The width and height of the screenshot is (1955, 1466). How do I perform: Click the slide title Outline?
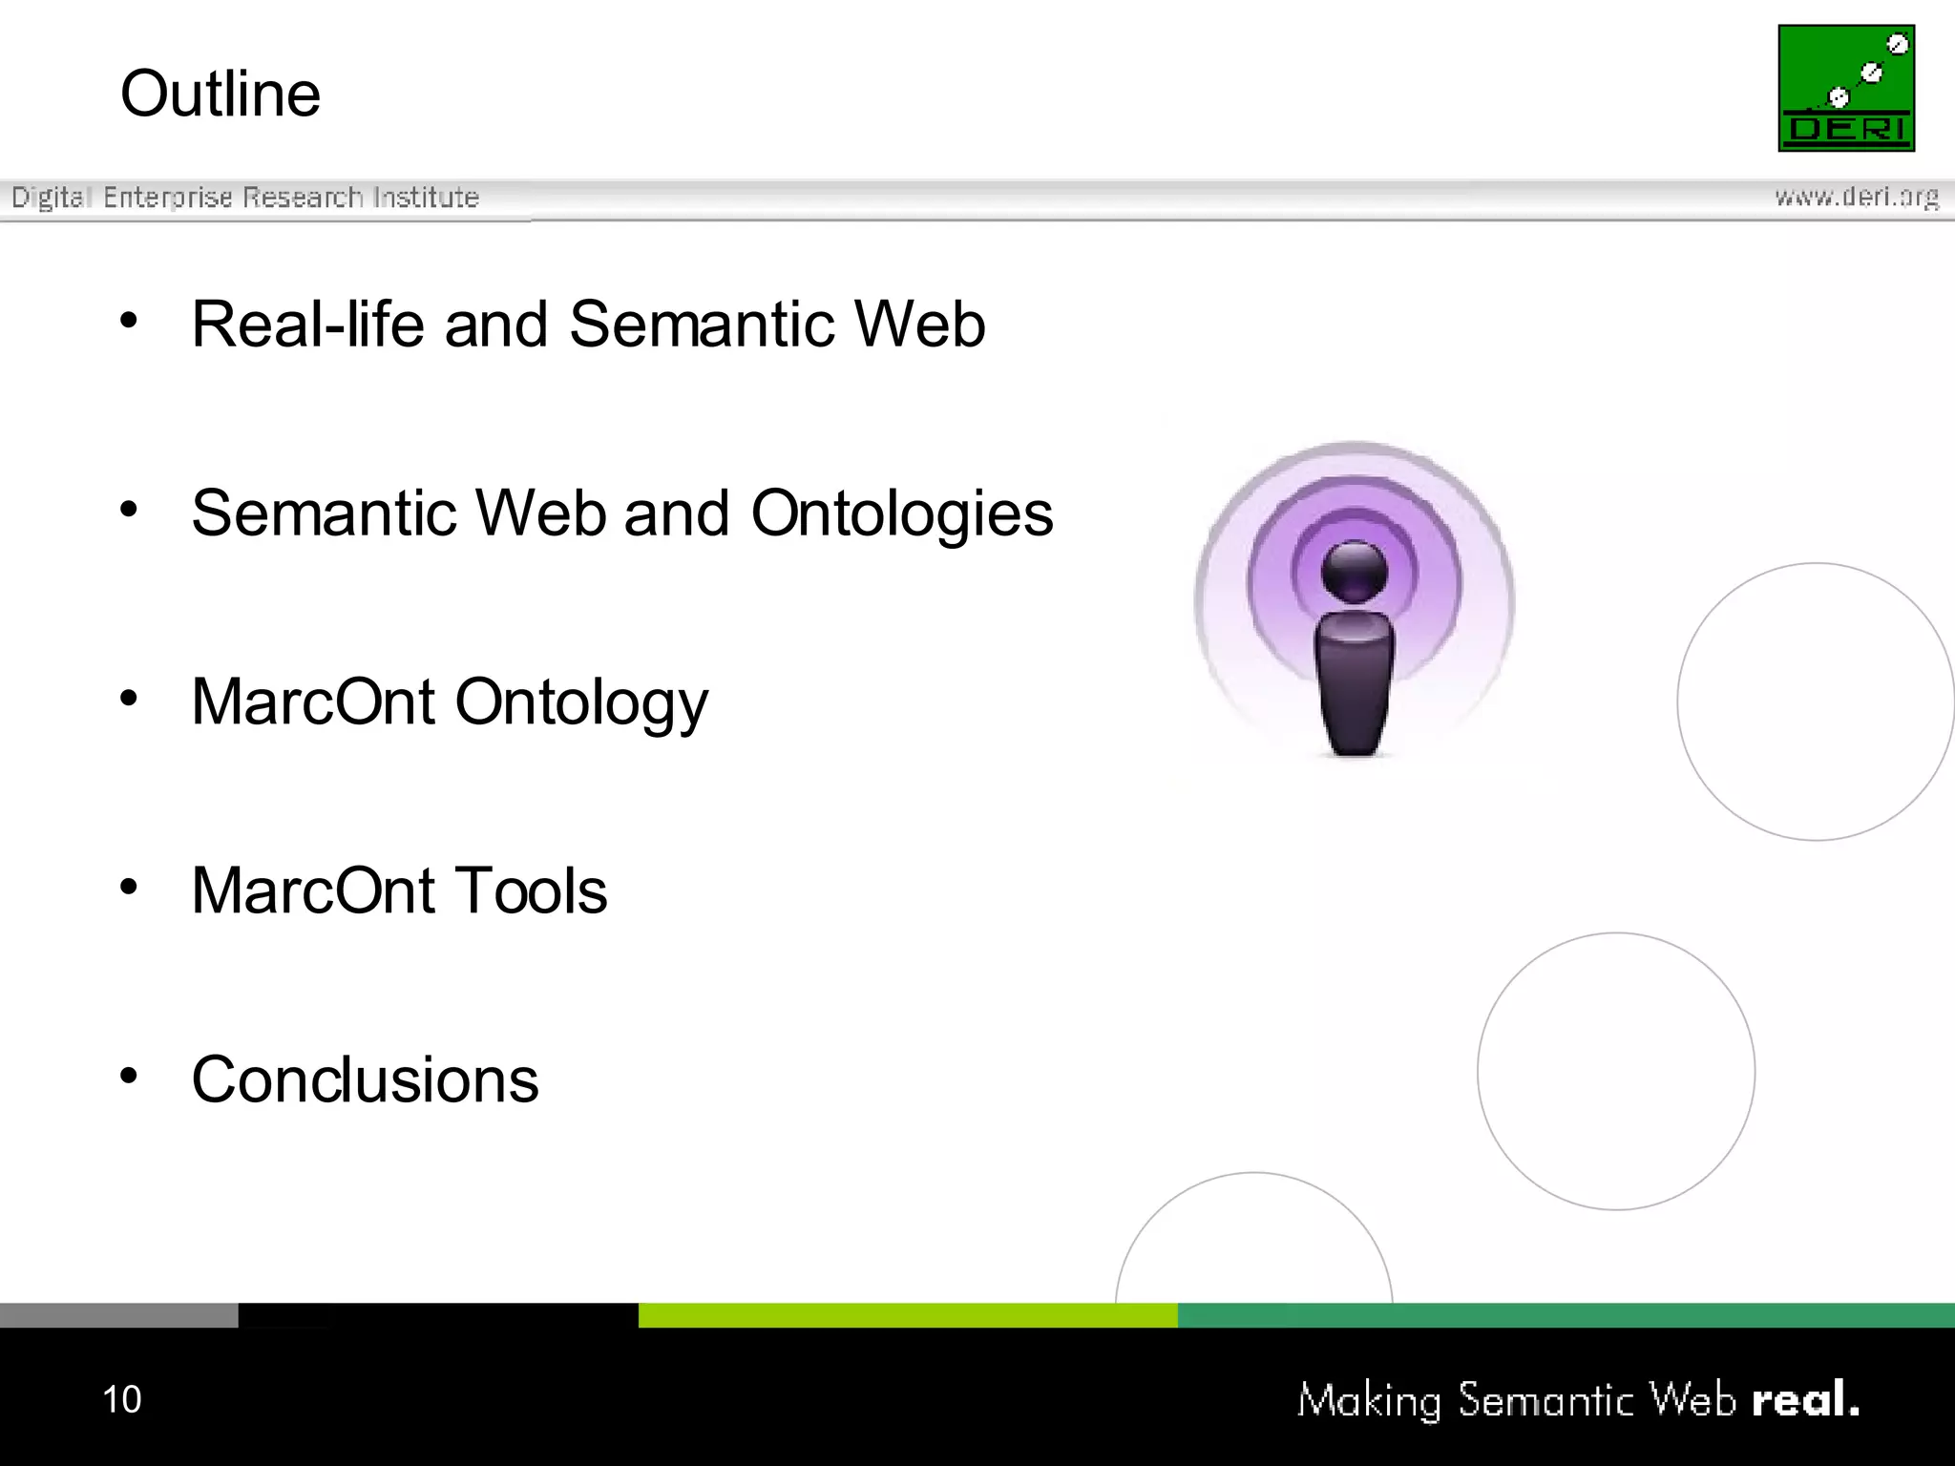[x=221, y=94]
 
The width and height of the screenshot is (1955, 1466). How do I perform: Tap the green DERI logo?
[x=1846, y=88]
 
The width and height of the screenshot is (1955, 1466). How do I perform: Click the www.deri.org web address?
[x=1857, y=198]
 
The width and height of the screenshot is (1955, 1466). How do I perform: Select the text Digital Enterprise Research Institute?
[x=245, y=198]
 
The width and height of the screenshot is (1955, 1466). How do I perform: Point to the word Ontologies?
[x=902, y=513]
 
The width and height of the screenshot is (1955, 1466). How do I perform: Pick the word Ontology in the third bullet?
[x=581, y=702]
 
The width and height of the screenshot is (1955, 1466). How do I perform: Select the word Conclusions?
[x=365, y=1080]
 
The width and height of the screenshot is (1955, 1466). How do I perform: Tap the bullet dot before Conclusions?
[x=129, y=1076]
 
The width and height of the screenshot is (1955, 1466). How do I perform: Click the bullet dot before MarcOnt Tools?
[x=129, y=887]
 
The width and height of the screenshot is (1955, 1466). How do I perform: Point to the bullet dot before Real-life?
[x=129, y=320]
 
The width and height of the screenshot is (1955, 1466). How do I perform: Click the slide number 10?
[x=121, y=1399]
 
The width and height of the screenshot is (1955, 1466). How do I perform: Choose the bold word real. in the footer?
[x=1805, y=1399]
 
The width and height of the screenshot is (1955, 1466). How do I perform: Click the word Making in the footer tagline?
[x=1369, y=1401]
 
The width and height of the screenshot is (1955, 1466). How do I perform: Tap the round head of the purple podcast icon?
[x=1354, y=570]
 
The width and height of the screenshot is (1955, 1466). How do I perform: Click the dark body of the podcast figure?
[x=1354, y=682]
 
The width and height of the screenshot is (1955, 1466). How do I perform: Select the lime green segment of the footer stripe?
[x=907, y=1315]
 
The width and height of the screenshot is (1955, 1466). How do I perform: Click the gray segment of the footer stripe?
[x=118, y=1315]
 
